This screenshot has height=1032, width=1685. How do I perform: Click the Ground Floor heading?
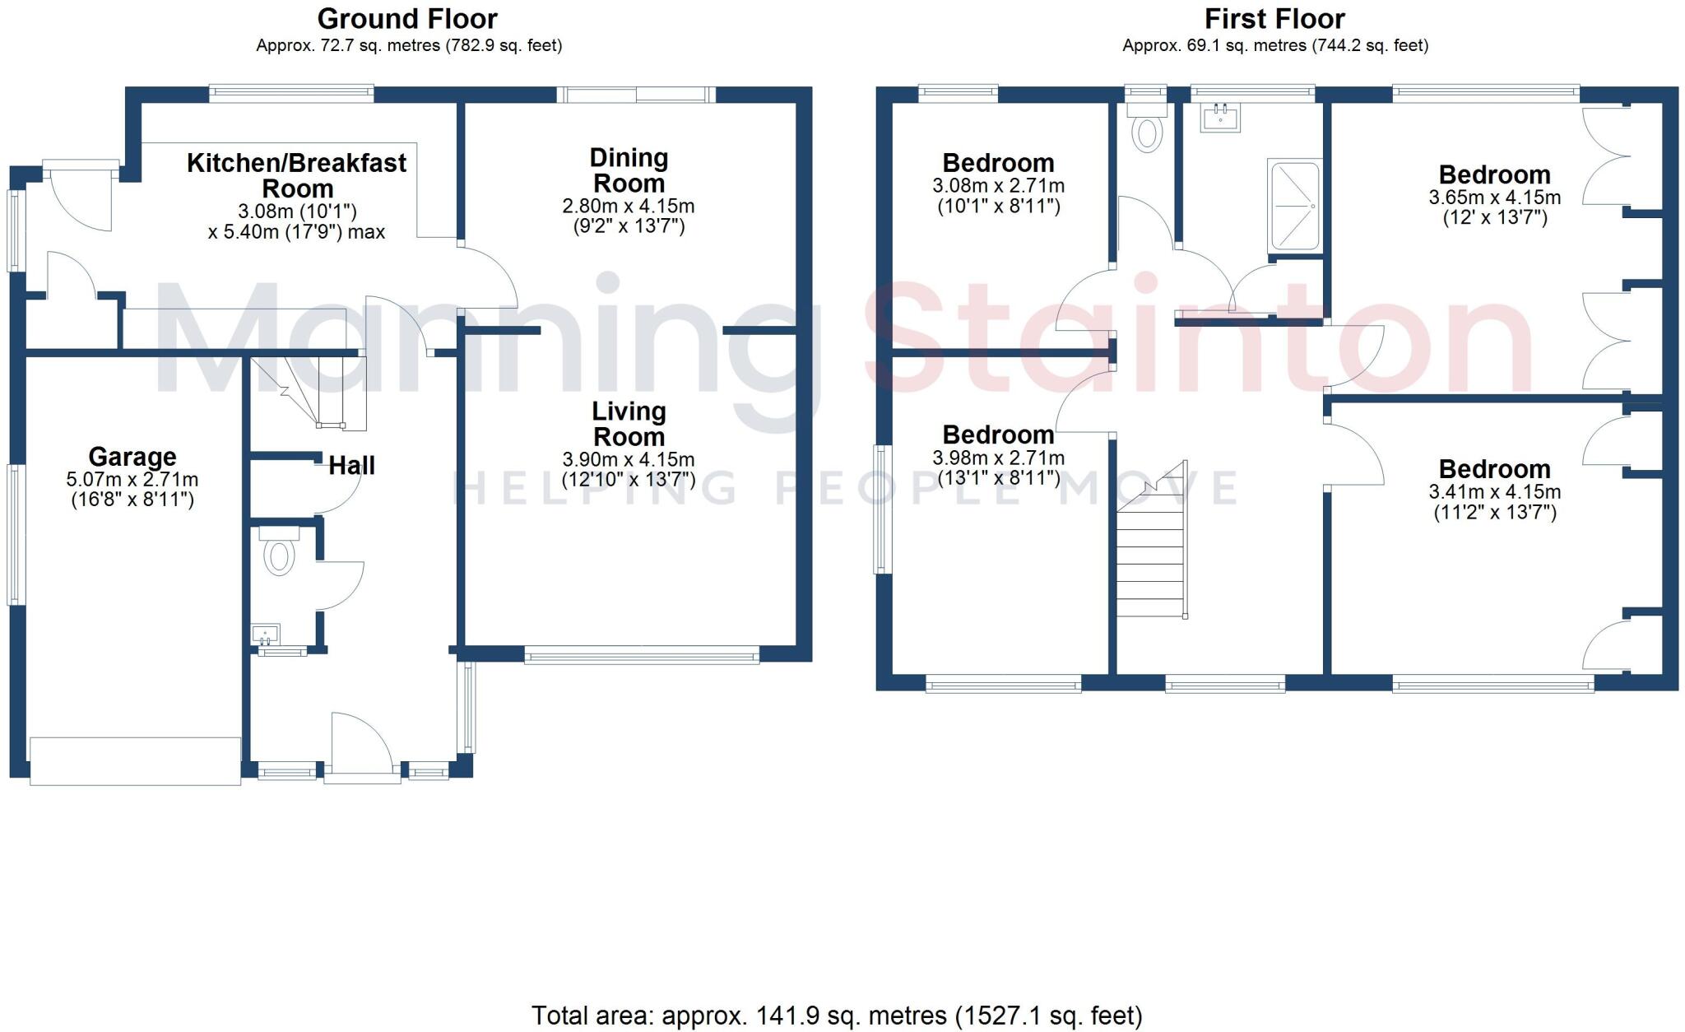[407, 18]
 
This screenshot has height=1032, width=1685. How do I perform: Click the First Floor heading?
[1274, 18]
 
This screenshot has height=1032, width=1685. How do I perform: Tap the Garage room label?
[132, 457]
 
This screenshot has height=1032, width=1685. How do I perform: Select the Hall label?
[351, 466]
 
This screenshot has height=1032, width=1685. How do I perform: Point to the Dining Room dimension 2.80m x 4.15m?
[629, 207]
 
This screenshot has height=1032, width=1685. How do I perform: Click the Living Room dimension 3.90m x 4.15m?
[629, 460]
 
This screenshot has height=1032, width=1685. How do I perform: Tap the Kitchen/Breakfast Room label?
[296, 175]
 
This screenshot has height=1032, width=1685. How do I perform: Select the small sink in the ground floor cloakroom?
[267, 635]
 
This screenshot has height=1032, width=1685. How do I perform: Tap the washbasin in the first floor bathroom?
[1220, 118]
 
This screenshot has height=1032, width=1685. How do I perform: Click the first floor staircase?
[1151, 560]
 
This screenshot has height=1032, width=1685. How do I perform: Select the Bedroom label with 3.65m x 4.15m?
[1494, 175]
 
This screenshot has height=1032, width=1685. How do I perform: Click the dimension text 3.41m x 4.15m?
[1494, 492]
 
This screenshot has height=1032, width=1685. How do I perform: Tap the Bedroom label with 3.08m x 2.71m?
[998, 163]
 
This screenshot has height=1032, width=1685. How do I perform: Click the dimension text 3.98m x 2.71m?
[998, 458]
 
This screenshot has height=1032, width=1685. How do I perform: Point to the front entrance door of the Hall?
[362, 745]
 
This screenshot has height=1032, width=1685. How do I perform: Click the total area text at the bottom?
[837, 1016]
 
